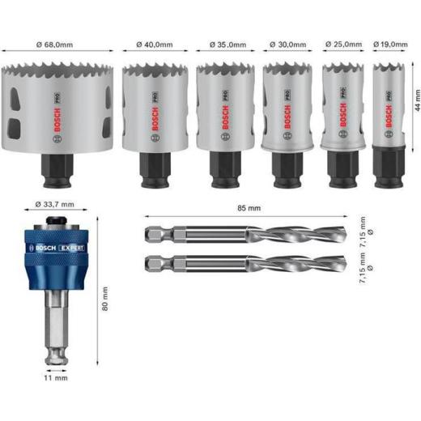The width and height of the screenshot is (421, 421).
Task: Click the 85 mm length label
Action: click(x=249, y=207)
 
